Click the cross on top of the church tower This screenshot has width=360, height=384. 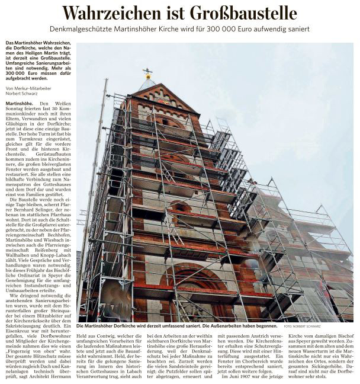point(147,73)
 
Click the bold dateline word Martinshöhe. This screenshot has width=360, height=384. point(19,103)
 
